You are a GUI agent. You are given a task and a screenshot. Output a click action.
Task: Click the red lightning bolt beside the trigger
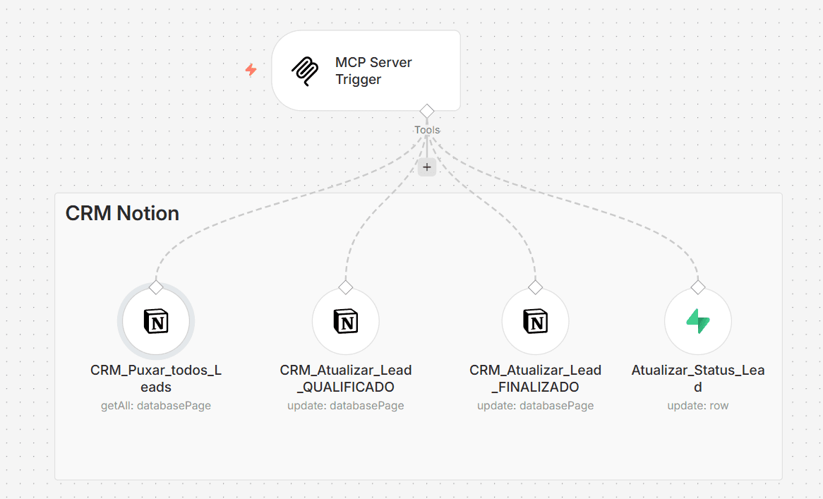(251, 70)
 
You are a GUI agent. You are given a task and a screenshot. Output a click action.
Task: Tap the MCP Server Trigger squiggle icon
(305, 71)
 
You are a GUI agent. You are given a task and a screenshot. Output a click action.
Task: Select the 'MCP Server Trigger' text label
(373, 71)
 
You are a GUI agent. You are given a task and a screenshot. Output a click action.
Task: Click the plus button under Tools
(427, 167)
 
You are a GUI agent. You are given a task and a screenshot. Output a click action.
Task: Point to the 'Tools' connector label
(427, 130)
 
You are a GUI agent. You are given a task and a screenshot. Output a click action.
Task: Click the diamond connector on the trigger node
(427, 112)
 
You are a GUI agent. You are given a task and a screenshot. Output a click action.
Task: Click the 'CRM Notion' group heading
(122, 214)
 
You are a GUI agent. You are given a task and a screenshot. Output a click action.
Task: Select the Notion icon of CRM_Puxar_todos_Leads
(156, 321)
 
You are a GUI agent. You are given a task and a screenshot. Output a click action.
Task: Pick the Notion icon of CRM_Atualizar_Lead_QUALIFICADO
(346, 321)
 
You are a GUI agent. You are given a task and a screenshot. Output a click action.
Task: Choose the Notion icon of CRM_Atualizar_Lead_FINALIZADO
(535, 321)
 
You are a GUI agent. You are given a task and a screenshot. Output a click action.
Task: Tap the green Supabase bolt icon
(698, 321)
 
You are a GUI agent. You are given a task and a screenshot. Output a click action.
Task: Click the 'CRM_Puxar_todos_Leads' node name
(156, 378)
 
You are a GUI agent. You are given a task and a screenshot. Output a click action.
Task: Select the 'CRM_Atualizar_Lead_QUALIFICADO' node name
(346, 378)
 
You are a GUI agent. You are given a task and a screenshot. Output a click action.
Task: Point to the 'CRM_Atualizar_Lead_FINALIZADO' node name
(535, 378)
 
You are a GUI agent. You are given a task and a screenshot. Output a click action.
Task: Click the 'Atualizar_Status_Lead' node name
(698, 378)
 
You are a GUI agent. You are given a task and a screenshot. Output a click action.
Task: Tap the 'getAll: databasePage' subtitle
(156, 406)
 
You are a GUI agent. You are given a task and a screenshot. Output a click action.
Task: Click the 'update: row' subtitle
(698, 406)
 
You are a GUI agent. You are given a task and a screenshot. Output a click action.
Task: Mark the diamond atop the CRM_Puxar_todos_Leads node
(156, 287)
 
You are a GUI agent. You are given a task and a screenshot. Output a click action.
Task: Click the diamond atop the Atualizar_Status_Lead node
(698, 287)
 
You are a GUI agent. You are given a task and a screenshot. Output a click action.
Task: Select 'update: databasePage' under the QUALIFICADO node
(346, 406)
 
